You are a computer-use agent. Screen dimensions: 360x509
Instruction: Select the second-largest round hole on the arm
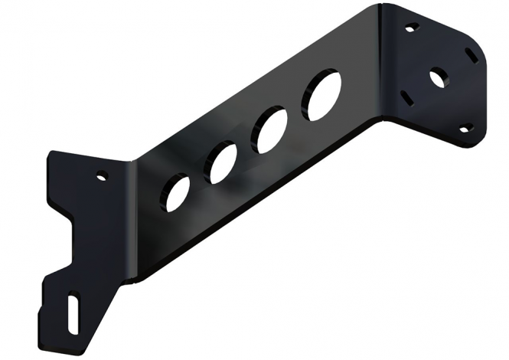click(x=272, y=130)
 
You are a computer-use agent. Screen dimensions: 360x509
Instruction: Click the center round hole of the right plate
click(x=438, y=77)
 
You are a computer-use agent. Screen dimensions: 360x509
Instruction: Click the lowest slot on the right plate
click(x=465, y=127)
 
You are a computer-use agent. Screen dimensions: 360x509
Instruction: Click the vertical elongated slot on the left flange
click(x=73, y=313)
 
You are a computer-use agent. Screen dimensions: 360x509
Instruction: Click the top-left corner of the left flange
click(x=51, y=154)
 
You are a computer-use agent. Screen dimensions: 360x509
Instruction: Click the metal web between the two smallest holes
click(x=198, y=178)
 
